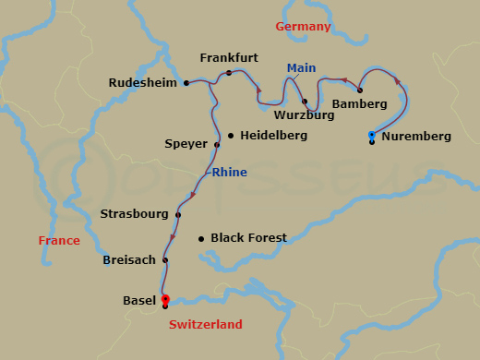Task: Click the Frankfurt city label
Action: coord(228,57)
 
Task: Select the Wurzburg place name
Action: coord(303,116)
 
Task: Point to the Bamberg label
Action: coord(359,104)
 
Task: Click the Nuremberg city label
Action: coord(416,137)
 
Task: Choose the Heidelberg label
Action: coord(272,135)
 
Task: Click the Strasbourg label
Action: coord(134,214)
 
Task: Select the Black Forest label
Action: coord(248,238)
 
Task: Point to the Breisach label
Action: coord(129,260)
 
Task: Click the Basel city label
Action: coord(139,301)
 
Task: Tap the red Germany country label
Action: coord(303,27)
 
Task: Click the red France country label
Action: coord(59,241)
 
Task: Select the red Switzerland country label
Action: coord(205,325)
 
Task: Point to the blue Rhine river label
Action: coord(229,172)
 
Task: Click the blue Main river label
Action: coord(301,68)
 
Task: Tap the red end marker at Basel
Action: coord(165,299)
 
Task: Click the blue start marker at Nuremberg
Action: coord(371,135)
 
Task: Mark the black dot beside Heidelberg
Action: coord(230,135)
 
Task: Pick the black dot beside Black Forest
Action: coord(201,238)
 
